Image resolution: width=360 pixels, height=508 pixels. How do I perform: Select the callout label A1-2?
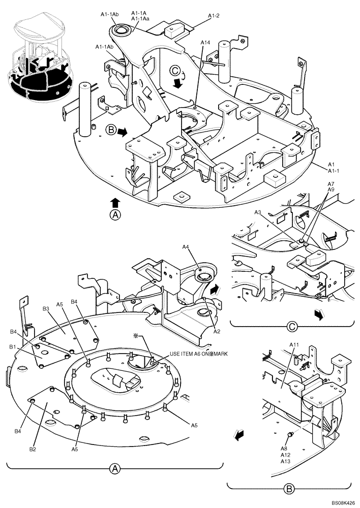click(x=214, y=16)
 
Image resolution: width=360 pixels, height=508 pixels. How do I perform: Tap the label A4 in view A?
click(x=186, y=247)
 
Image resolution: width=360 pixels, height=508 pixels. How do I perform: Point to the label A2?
click(x=216, y=331)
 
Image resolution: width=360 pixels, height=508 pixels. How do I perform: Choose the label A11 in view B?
click(x=294, y=345)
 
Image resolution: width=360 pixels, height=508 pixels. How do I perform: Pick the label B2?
click(x=33, y=449)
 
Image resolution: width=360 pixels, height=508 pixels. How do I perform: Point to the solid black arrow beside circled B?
click(x=123, y=132)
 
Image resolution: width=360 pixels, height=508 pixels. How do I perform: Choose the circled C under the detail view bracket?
click(x=291, y=326)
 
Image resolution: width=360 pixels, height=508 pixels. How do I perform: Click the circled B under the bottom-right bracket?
click(x=289, y=490)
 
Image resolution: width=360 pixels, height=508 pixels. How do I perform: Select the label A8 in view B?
click(x=284, y=449)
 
